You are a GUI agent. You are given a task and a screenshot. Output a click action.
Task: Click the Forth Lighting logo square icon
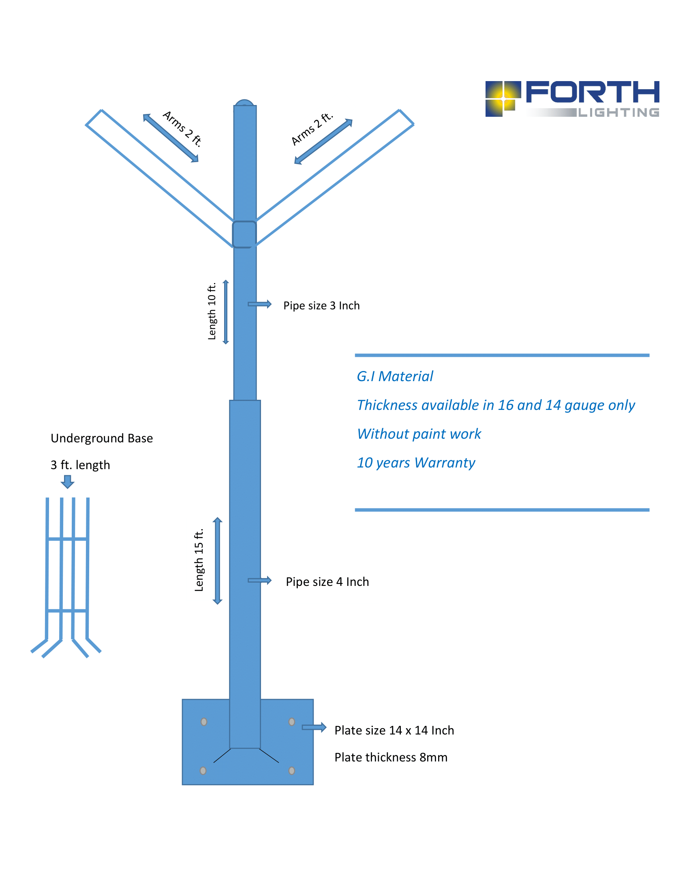503,99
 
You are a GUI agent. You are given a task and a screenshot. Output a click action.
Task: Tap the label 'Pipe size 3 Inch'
322,305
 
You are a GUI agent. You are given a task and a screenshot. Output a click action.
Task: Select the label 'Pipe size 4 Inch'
327,581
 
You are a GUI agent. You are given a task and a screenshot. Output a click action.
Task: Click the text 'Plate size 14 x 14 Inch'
394,730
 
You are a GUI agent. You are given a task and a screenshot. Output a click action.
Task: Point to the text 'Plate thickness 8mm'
391,757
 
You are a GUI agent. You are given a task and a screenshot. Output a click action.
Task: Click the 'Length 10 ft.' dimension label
212,311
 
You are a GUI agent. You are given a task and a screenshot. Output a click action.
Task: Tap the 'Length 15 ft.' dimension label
199,560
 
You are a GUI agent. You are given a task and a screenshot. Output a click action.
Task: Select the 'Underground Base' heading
102,438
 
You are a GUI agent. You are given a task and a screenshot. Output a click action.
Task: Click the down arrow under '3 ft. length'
67,482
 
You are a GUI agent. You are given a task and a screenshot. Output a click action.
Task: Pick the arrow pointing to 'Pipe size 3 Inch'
260,304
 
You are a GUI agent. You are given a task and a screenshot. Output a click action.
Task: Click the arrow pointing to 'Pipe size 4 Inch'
260,580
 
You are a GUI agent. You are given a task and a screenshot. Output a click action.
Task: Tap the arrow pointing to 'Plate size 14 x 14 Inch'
314,727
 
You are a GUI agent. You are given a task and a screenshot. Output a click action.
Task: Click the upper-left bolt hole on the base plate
204,722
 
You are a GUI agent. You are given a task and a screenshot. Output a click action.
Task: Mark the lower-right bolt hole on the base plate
292,771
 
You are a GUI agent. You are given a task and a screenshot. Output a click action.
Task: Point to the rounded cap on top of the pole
245,103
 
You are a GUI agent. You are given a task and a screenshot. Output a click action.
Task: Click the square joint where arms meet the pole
244,234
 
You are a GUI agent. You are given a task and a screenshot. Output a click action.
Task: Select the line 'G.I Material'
395,376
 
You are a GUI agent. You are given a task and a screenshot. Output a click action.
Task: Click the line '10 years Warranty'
416,463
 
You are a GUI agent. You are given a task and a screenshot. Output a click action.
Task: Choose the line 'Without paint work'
419,434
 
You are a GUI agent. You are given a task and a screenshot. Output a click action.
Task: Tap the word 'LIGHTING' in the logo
619,112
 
